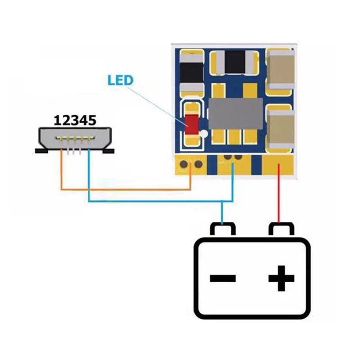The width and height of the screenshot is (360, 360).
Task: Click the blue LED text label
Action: (120, 81)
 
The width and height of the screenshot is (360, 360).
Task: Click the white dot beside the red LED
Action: (204, 134)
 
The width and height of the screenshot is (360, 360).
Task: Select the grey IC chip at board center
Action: (235, 113)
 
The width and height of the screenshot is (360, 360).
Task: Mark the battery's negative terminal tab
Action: (223, 229)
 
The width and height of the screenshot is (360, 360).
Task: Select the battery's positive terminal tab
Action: (281, 229)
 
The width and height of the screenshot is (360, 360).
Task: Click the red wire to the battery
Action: (279, 198)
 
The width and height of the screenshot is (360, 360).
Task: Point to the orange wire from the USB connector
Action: (126, 189)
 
